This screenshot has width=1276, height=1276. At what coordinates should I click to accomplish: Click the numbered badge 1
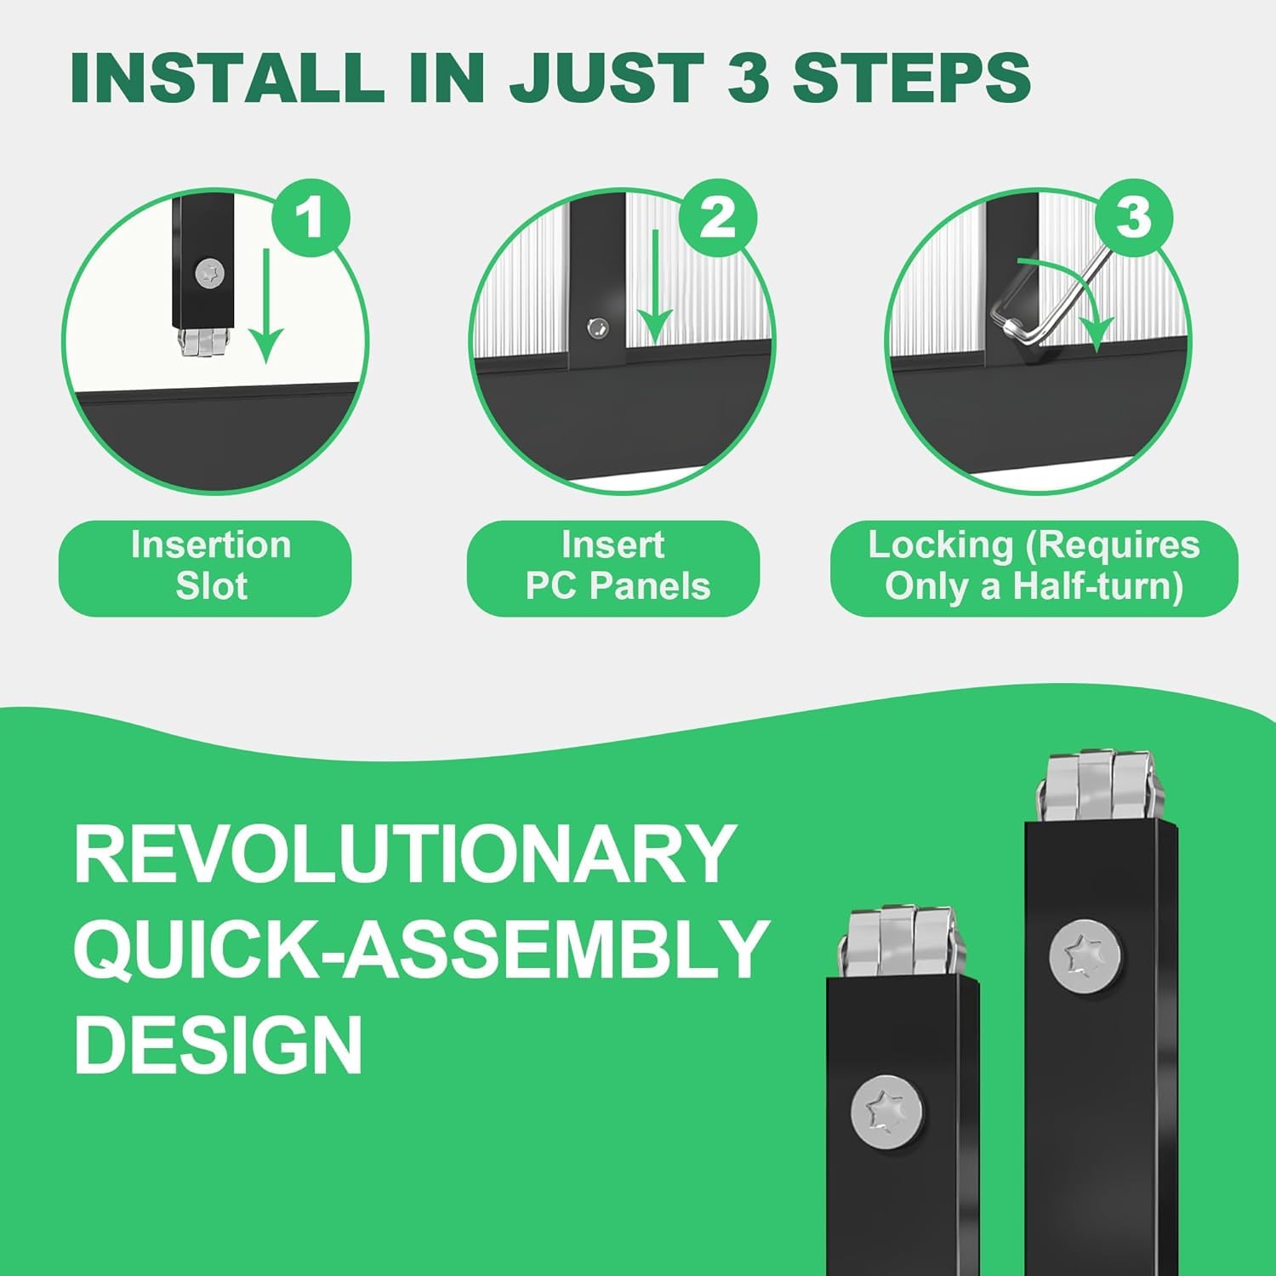pos(310,218)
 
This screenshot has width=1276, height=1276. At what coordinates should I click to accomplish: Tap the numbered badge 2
pos(718,218)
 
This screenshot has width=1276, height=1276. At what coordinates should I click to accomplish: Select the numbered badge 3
pos(1133,218)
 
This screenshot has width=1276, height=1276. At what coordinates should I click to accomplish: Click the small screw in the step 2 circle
pos(598,326)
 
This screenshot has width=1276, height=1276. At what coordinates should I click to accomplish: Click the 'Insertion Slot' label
pos(205,567)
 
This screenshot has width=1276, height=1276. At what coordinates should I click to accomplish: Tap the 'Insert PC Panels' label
pos(613,567)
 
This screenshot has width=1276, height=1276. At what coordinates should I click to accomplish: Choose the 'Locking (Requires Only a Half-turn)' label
pos(1034,567)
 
